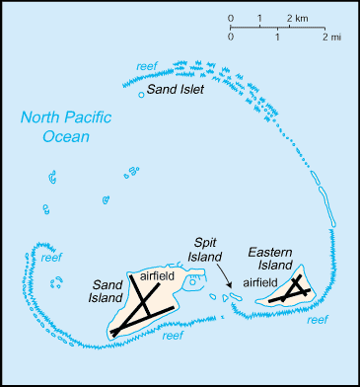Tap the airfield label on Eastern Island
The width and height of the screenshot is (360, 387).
point(259,281)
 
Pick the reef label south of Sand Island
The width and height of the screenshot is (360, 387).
point(173,337)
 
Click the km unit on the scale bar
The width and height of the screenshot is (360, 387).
point(299,19)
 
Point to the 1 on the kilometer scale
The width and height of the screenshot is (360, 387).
point(259,19)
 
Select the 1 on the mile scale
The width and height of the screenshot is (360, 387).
point(278,37)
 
